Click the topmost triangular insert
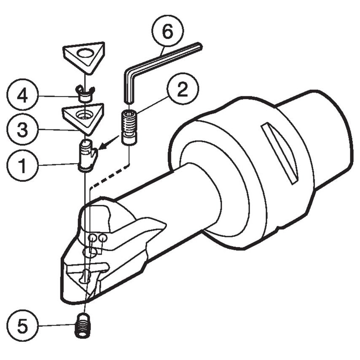coord(84,56)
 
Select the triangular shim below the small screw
coord(83,116)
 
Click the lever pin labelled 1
coord(87,156)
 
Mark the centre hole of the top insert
coord(86,54)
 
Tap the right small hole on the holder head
coord(102,239)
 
